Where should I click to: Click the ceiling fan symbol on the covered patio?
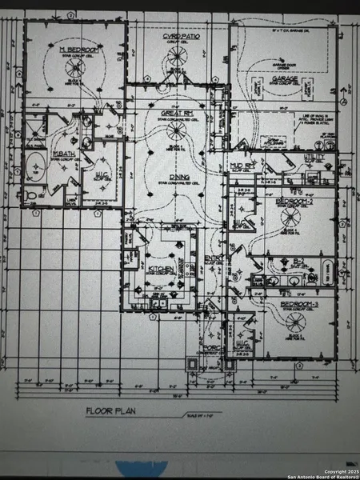tap(176, 58)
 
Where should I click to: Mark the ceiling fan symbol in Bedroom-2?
tap(289, 216)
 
